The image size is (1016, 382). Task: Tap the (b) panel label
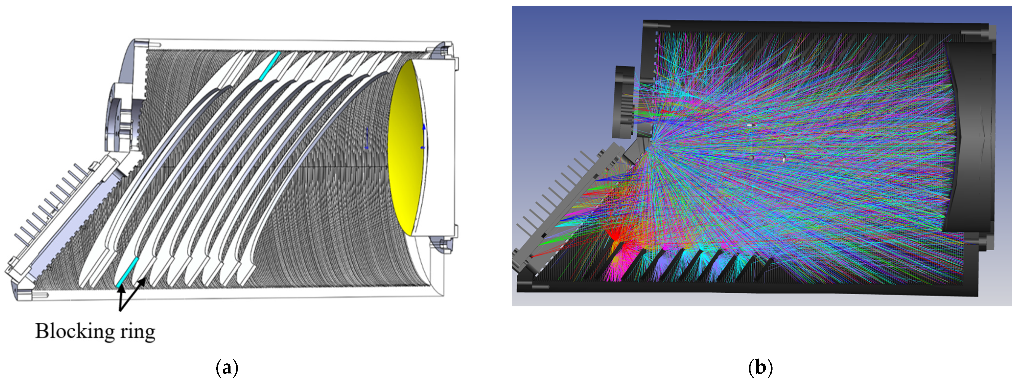click(x=760, y=368)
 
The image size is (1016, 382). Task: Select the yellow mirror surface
click(x=406, y=146)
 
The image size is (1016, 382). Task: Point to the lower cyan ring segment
click(x=127, y=272)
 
